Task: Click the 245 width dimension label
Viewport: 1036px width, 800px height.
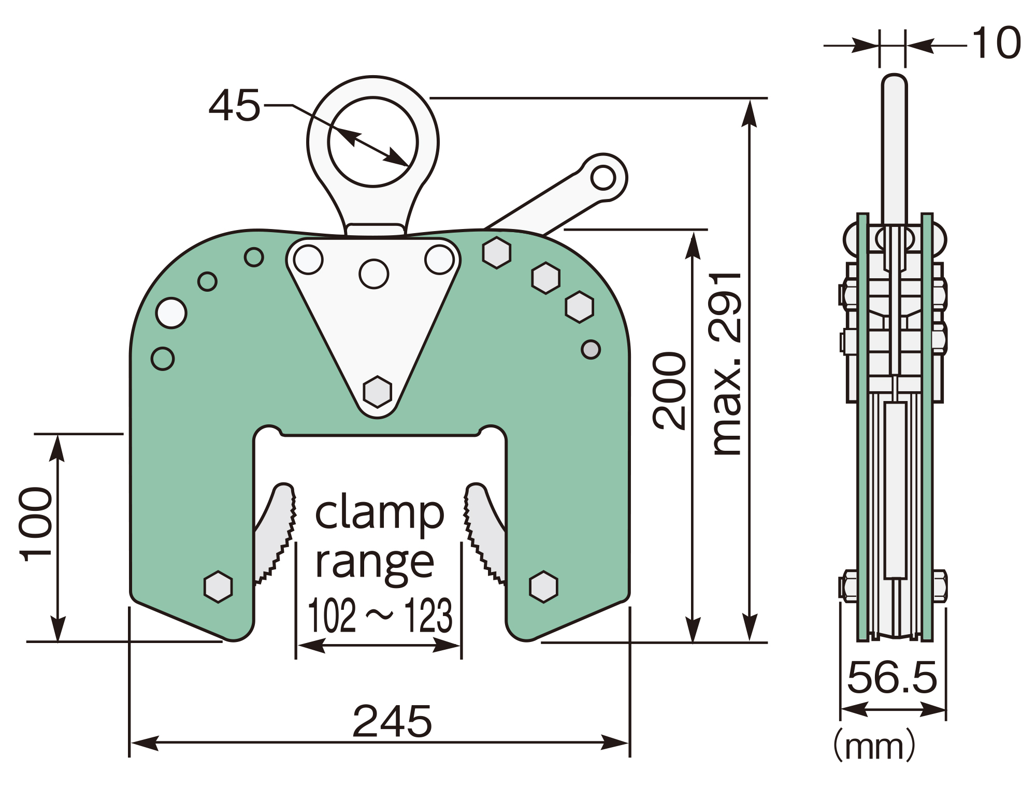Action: point(392,721)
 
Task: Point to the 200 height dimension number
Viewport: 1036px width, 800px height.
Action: point(669,391)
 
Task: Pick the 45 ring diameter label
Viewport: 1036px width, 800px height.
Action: point(234,106)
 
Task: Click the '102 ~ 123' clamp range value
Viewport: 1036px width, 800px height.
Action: point(380,616)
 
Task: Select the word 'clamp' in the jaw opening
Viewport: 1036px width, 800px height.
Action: point(380,513)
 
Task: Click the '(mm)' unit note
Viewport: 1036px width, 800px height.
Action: point(874,746)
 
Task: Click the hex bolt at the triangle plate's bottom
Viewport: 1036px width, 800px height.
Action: point(377,392)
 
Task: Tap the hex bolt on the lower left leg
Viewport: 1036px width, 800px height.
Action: point(218,587)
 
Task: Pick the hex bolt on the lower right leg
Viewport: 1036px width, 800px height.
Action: point(543,587)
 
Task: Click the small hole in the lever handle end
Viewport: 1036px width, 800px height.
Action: point(602,178)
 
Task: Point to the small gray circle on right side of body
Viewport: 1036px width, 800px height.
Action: point(591,349)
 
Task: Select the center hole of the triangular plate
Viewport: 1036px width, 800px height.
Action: point(374,274)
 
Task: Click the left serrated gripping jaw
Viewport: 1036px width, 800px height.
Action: point(275,534)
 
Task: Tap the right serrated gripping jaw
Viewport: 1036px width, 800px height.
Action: point(485,534)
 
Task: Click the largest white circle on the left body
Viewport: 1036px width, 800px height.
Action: point(171,313)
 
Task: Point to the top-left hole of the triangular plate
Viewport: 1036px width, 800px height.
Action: point(308,259)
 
